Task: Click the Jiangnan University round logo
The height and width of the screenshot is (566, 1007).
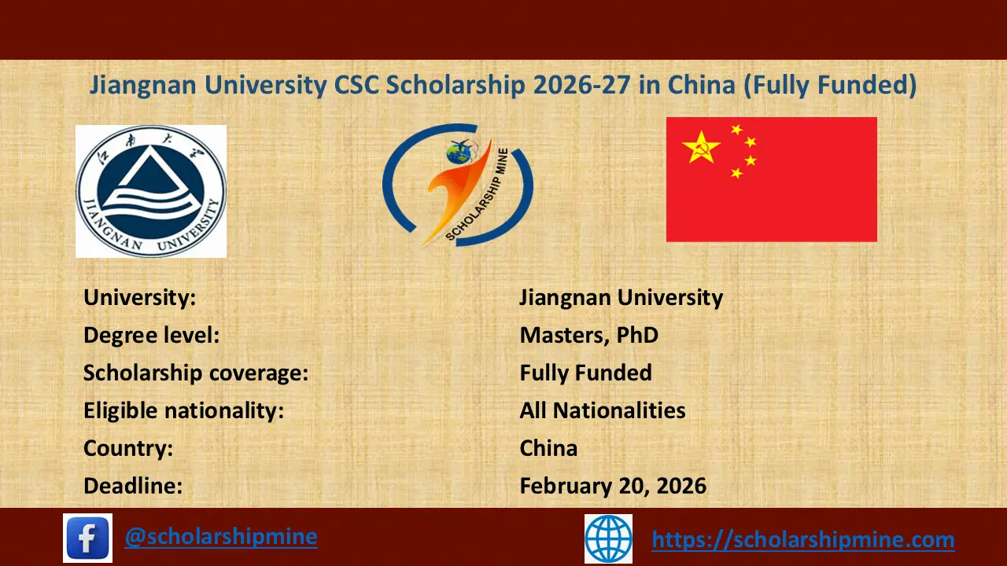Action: (x=151, y=191)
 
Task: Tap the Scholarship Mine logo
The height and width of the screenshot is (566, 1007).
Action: (x=458, y=186)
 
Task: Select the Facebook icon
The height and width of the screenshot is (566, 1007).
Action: (x=87, y=538)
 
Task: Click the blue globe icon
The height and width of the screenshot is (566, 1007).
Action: (x=608, y=538)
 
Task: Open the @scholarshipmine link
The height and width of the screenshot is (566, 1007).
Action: (x=221, y=537)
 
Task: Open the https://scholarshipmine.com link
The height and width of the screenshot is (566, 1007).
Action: (x=803, y=540)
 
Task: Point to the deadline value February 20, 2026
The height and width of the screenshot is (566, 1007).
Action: (x=613, y=486)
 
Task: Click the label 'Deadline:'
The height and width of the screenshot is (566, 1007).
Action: (x=133, y=486)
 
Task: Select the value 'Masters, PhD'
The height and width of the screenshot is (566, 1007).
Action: (x=589, y=335)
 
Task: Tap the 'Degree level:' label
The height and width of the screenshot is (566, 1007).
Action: (x=151, y=335)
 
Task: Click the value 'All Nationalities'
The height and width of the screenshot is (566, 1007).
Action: (x=603, y=410)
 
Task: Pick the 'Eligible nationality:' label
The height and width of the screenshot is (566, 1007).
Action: (x=183, y=410)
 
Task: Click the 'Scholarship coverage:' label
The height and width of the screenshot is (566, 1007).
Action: (x=196, y=373)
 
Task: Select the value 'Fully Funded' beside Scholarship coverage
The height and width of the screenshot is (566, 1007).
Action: (x=586, y=373)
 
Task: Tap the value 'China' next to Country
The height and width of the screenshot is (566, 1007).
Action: (x=548, y=448)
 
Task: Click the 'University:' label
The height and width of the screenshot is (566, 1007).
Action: (x=139, y=298)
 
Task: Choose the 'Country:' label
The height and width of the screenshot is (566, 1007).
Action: (x=128, y=448)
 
